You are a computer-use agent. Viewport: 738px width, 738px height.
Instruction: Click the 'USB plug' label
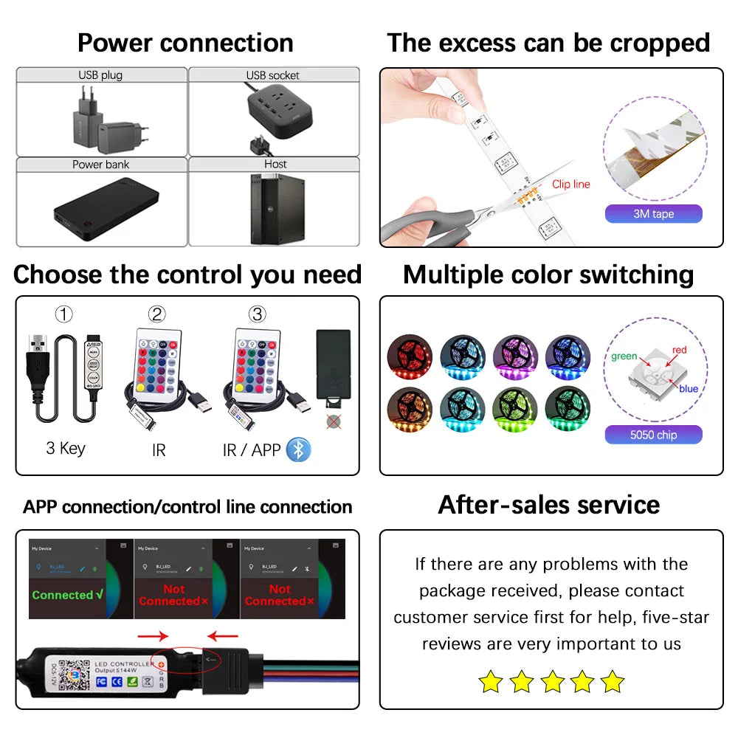click(100, 75)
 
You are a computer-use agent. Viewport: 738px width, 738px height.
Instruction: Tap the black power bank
click(105, 211)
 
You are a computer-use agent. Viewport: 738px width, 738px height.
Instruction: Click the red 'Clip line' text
click(571, 184)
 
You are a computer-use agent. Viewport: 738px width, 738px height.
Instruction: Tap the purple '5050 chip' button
click(653, 435)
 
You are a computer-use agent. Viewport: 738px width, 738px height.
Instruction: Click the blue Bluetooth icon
click(299, 449)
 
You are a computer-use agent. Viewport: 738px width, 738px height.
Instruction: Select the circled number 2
click(156, 314)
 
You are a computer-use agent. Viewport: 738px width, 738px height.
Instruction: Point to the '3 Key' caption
click(66, 449)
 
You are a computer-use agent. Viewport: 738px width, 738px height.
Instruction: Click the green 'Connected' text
click(67, 595)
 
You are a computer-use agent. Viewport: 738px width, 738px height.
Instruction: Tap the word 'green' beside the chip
click(624, 356)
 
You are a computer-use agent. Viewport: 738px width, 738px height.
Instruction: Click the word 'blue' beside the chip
click(689, 389)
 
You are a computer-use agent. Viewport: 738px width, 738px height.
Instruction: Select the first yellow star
click(490, 681)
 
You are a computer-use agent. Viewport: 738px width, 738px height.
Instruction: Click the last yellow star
click(612, 681)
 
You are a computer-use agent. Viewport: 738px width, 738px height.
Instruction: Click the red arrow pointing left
click(223, 634)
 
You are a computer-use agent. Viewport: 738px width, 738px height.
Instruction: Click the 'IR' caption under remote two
click(159, 449)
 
